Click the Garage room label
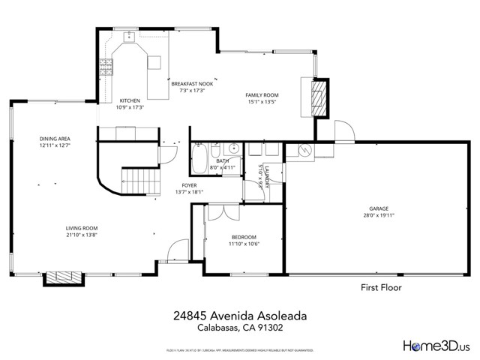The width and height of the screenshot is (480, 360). [x=377, y=209]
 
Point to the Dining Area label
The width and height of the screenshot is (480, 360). [x=55, y=139]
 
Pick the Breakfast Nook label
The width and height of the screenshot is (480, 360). [x=192, y=84]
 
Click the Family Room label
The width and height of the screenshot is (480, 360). [x=262, y=94]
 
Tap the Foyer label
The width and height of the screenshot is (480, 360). [x=189, y=184]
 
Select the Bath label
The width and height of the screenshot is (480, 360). [x=222, y=160]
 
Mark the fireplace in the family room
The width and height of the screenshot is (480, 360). [x=319, y=97]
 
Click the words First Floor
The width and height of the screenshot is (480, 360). [x=381, y=287]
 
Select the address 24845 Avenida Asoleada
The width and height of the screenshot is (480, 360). [x=239, y=316]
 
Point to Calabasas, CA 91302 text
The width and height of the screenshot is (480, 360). [x=239, y=328]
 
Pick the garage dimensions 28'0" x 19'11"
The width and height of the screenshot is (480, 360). [x=377, y=216]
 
